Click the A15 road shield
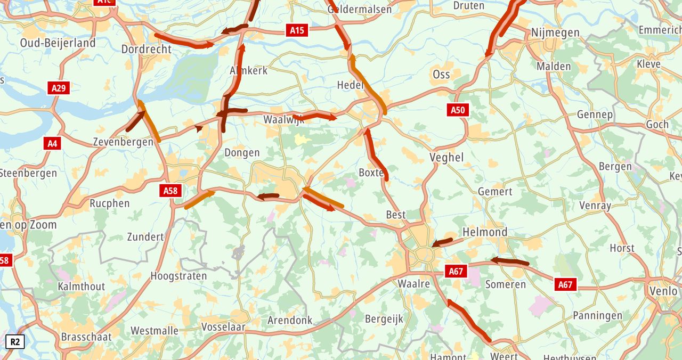(297, 30)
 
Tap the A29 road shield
(59, 88)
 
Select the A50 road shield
(458, 110)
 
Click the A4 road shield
(52, 143)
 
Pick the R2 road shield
(15, 341)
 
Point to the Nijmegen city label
(555, 33)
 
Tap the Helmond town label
(485, 232)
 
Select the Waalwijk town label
(284, 120)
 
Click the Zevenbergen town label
(119, 142)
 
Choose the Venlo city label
(663, 291)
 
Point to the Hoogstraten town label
(178, 276)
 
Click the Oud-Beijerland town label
(58, 43)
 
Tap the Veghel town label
(446, 158)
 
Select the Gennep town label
(595, 114)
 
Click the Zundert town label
(145, 237)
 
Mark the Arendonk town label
(290, 321)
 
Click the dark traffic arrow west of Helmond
(442, 243)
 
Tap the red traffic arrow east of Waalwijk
(315, 116)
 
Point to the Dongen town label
(242, 153)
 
